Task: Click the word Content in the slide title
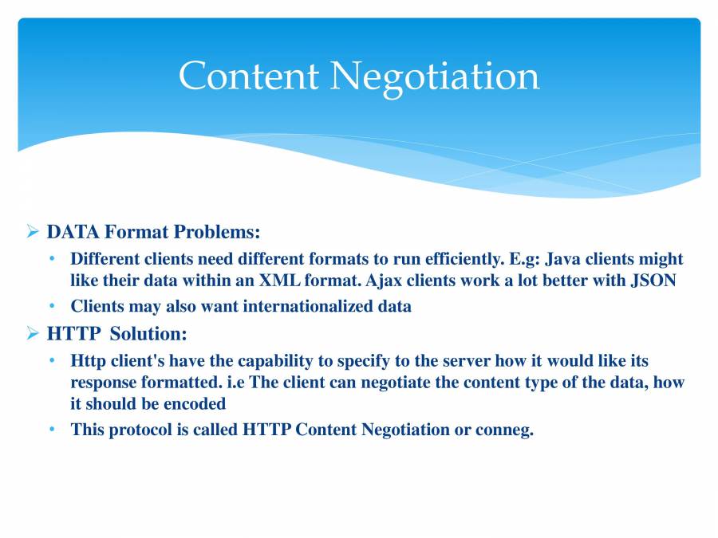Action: tap(248, 77)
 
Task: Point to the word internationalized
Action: tap(300, 306)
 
